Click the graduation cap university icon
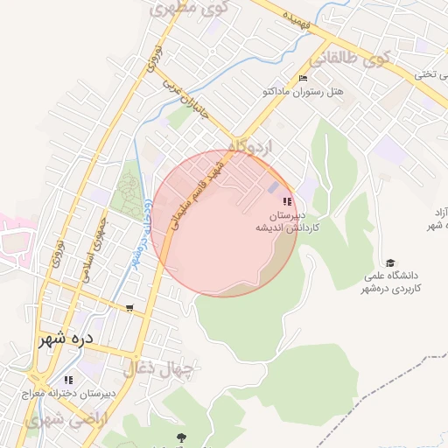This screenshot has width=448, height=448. click(x=389, y=262)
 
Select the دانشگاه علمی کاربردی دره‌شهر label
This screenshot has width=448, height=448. click(x=393, y=282)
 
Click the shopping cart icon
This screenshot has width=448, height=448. click(x=129, y=308)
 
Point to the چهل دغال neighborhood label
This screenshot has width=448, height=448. click(x=157, y=368)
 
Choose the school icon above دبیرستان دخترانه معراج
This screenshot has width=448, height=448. click(x=68, y=380)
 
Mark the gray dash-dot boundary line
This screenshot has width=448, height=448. click(x=385, y=376)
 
